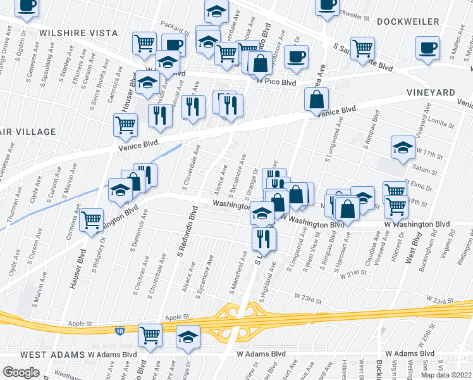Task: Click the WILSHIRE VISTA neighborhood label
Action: pyautogui.click(x=78, y=33)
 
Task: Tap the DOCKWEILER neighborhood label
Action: pyautogui.click(x=408, y=22)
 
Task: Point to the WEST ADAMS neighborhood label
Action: pyautogui.click(x=52, y=354)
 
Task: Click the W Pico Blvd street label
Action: pyautogui.click(x=276, y=82)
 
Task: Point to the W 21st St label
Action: pyautogui.click(x=353, y=275)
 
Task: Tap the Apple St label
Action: pyautogui.click(x=178, y=317)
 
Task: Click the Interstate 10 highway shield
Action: pyautogui.click(x=120, y=331)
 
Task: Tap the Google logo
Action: pyautogui.click(x=21, y=372)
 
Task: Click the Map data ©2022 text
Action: pyautogui.click(x=446, y=375)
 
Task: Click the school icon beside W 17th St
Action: pyautogui.click(x=403, y=148)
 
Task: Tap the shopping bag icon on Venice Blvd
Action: pyautogui.click(x=316, y=99)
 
